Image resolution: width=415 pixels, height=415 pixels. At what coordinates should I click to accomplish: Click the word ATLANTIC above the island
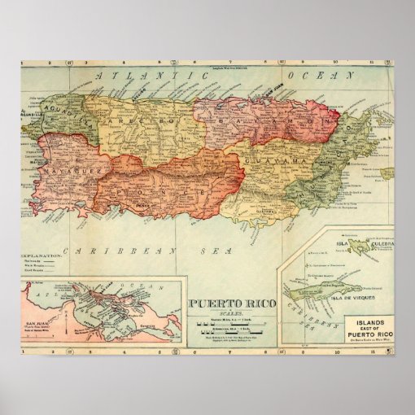[x=138, y=76]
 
